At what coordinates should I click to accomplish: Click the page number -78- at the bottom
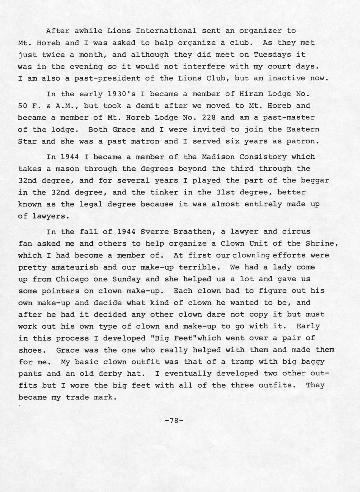[174, 420]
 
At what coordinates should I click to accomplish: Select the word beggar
[315, 180]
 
